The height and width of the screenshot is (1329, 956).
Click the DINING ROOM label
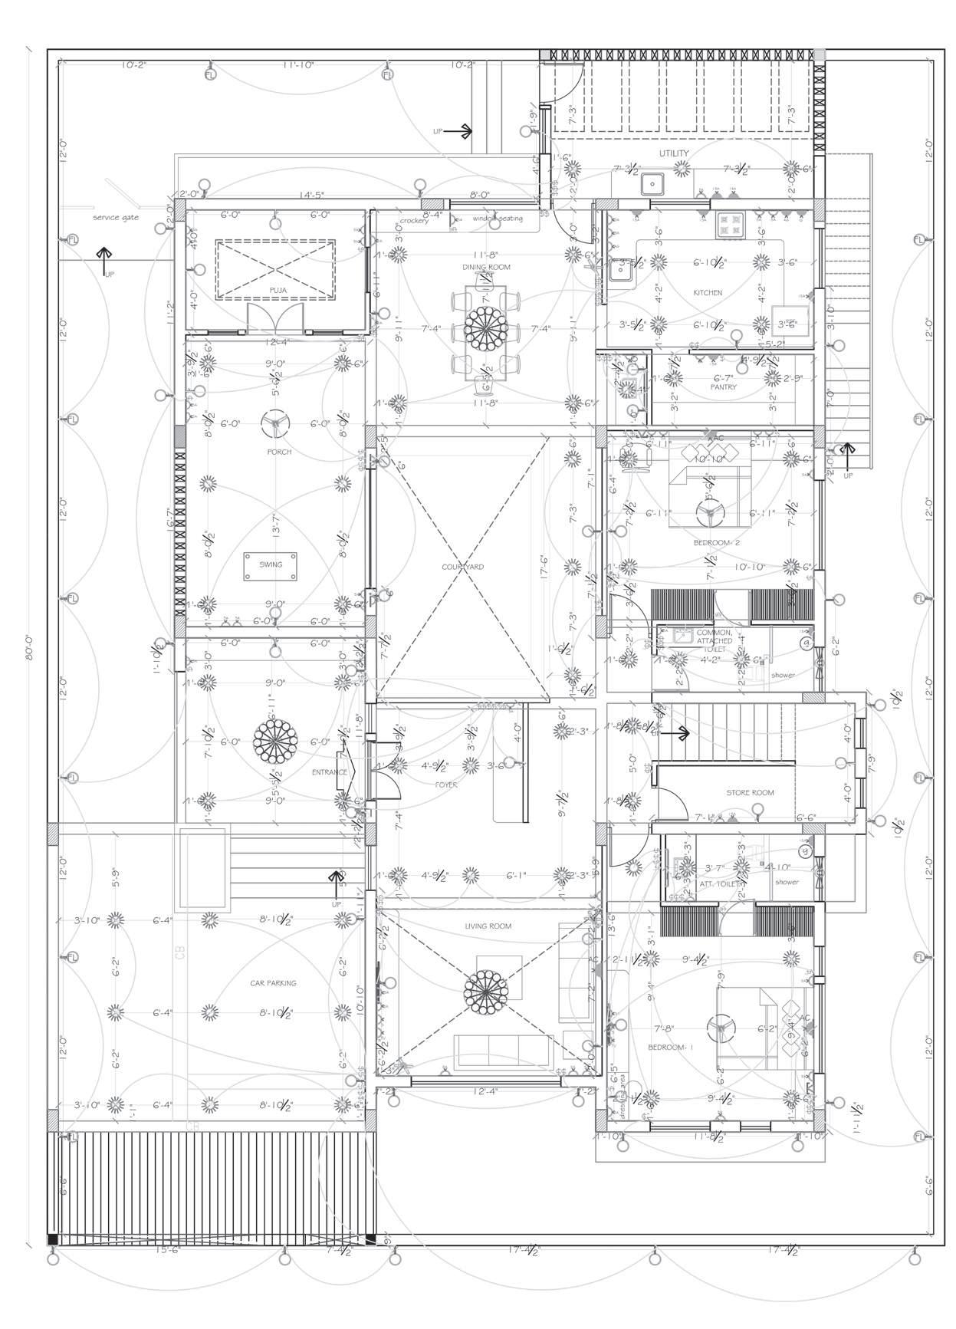(x=486, y=267)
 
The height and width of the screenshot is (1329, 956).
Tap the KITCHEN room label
(x=708, y=293)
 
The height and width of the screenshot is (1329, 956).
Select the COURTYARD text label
(x=462, y=567)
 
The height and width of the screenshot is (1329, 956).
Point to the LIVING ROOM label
(x=488, y=926)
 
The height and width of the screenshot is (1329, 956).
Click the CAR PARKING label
(x=273, y=982)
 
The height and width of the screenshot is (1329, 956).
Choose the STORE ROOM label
(x=750, y=792)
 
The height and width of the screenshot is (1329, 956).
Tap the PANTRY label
(x=723, y=387)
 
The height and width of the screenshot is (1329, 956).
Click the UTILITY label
(x=674, y=153)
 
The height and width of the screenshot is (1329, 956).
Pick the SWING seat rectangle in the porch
(x=271, y=565)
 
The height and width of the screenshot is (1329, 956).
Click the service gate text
(x=116, y=218)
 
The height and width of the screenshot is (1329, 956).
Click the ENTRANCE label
(x=329, y=772)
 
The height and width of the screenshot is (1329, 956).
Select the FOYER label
(x=445, y=785)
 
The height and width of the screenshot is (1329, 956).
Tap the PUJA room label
(x=277, y=289)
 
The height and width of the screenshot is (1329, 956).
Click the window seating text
(x=498, y=219)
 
